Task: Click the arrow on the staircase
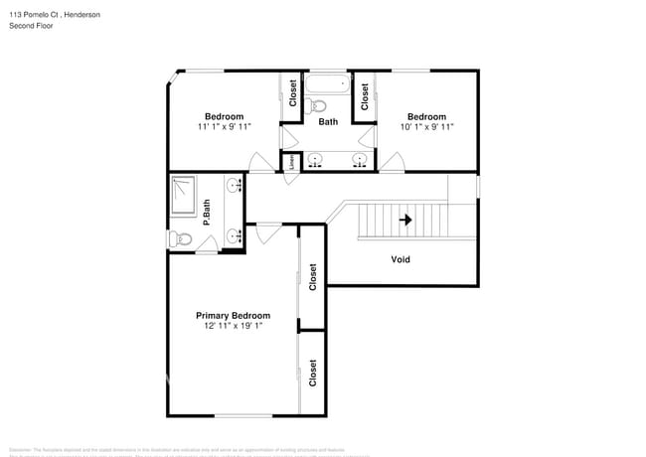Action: click(x=404, y=220)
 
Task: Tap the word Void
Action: click(x=401, y=259)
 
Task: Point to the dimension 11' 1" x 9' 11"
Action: click(x=224, y=127)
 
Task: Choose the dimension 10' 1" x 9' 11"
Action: click(x=426, y=127)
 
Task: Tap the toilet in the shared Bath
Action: click(x=318, y=106)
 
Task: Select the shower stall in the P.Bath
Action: click(x=184, y=194)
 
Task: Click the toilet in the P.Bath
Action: click(x=180, y=239)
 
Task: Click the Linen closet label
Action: click(x=291, y=163)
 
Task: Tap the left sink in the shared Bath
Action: click(x=315, y=159)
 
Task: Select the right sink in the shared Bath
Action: click(x=360, y=159)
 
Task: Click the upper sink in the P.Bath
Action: click(x=234, y=186)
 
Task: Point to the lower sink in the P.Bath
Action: click(x=234, y=236)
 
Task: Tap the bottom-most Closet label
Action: click(x=312, y=373)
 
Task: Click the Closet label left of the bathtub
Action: click(x=293, y=94)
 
